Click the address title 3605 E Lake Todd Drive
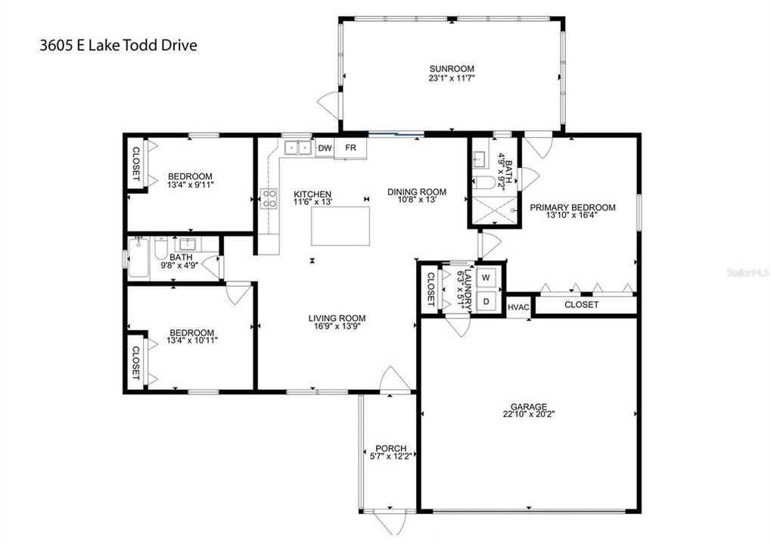(118, 45)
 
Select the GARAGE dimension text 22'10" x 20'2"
(527, 414)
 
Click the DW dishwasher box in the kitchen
(325, 148)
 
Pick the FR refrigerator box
(351, 148)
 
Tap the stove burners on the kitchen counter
(268, 198)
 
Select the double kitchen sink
(297, 148)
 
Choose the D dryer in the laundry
(487, 300)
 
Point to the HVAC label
(518, 306)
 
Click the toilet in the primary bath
(484, 182)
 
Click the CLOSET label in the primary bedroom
(582, 305)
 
